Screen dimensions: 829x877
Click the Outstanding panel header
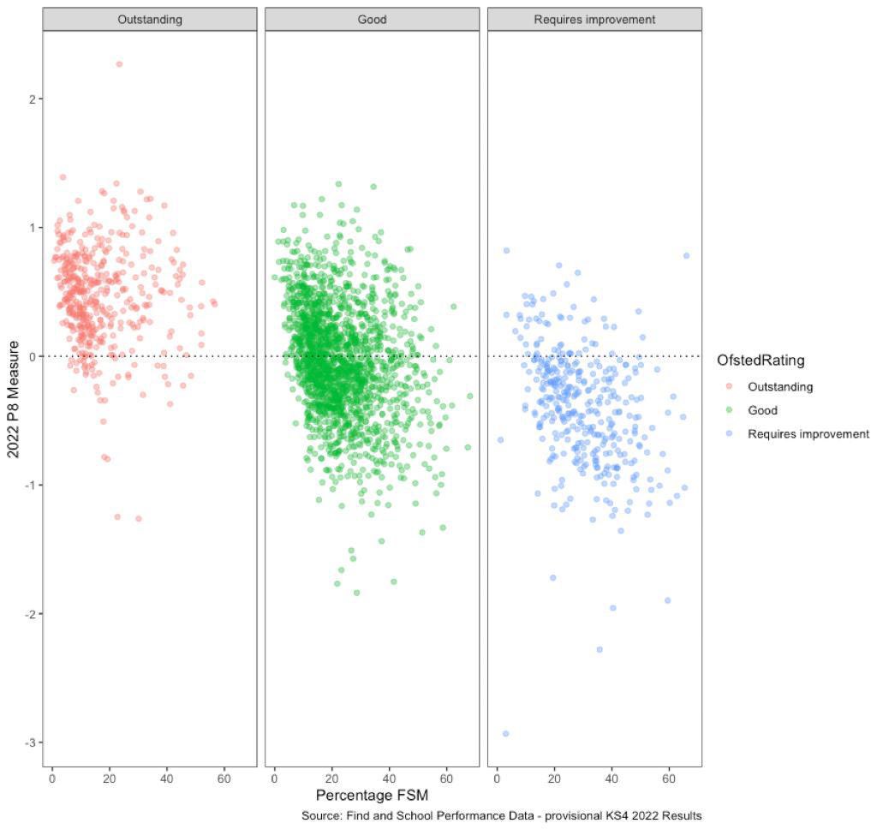pyautogui.click(x=150, y=19)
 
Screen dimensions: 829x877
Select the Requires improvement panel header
pyautogui.click(x=594, y=19)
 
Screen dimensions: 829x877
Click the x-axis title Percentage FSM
pyautogui.click(x=372, y=796)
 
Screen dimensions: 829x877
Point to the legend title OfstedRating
pyautogui.click(x=761, y=361)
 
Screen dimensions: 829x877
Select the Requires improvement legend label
pyautogui.click(x=808, y=434)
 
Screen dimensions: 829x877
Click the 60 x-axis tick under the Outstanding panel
pyautogui.click(x=224, y=780)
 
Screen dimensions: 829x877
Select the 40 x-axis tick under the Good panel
pyautogui.click(x=389, y=780)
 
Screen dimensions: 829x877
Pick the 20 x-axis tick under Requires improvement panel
pyautogui.click(x=554, y=780)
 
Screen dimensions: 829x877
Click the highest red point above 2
pyautogui.click(x=119, y=64)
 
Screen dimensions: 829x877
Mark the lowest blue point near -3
pyautogui.click(x=505, y=733)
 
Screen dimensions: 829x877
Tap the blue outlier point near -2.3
pyautogui.click(x=600, y=649)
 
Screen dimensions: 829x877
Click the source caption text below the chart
pyautogui.click(x=501, y=816)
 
